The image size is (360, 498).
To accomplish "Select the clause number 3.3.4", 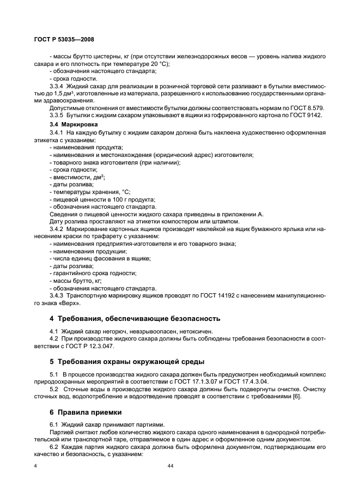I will point(57,86).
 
